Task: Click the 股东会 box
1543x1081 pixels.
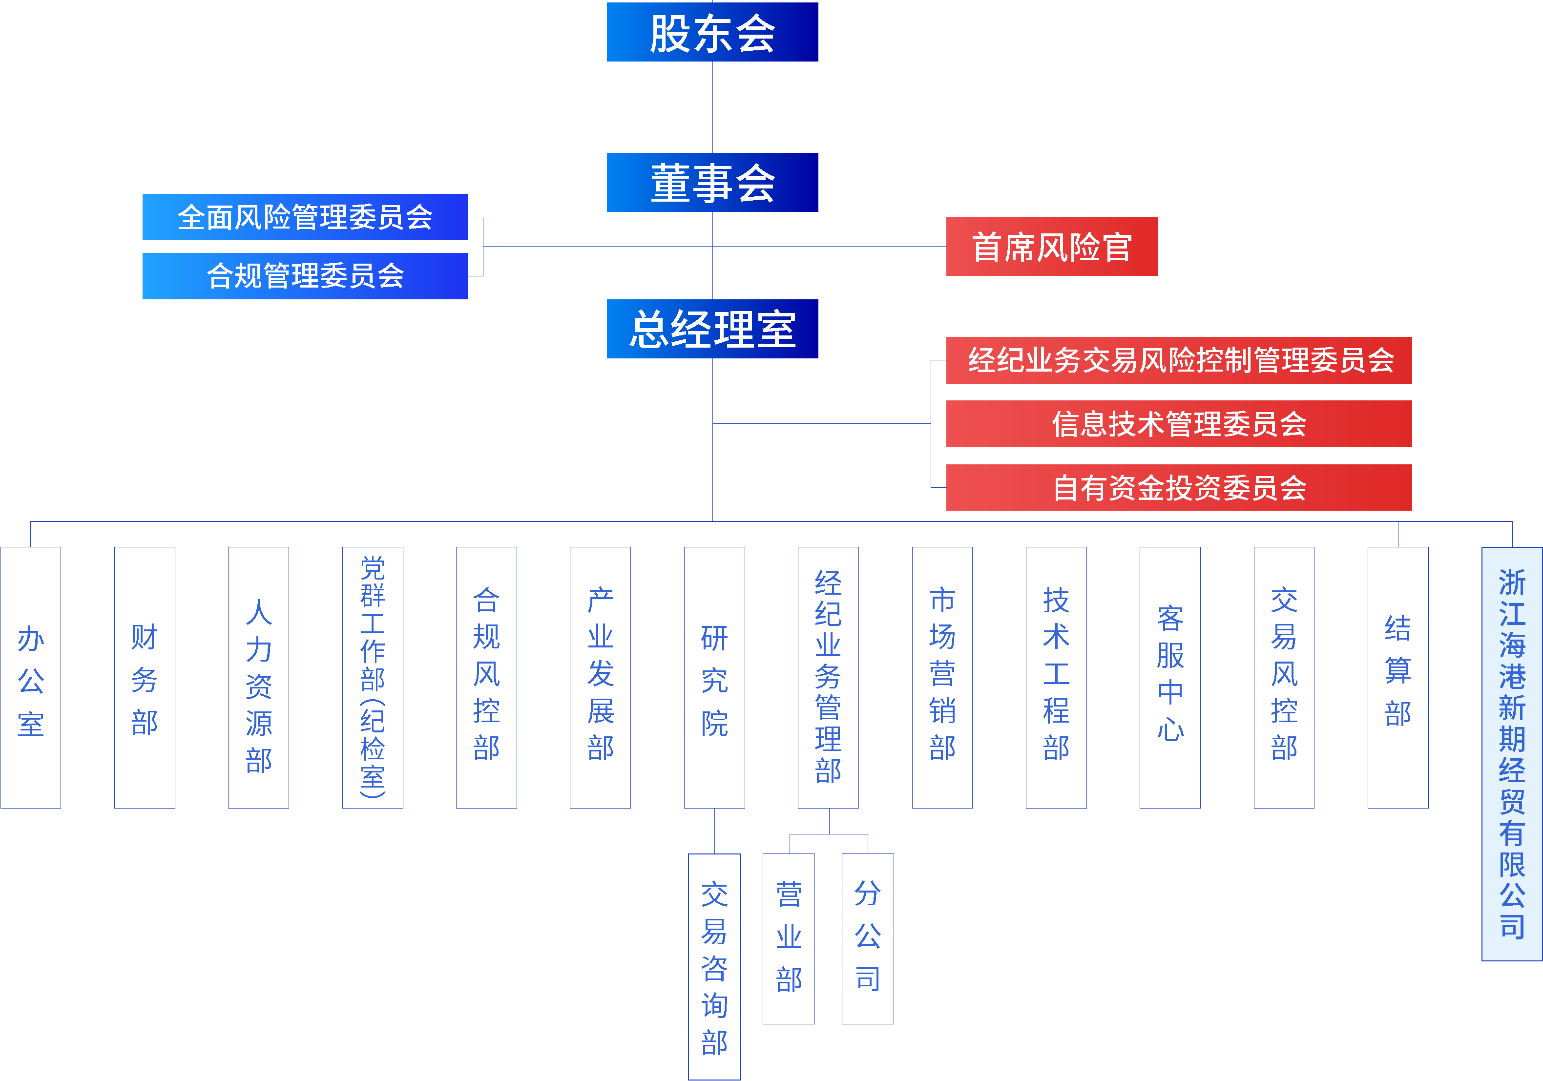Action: [712, 32]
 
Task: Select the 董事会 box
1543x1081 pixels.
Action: [712, 183]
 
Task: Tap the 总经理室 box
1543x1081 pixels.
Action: [712, 329]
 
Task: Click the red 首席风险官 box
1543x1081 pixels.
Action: [1051, 247]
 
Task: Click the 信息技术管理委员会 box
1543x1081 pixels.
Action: [1178, 424]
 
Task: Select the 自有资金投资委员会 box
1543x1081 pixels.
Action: [1178, 488]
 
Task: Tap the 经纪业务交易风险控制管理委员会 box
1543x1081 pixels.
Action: [1178, 360]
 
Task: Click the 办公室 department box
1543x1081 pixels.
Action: [31, 677]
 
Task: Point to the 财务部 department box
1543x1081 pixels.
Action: [145, 677]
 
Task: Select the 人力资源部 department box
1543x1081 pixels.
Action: [259, 677]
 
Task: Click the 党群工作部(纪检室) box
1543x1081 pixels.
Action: [372, 677]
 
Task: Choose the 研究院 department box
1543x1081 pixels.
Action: [714, 677]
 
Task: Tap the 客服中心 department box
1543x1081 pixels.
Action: [1170, 677]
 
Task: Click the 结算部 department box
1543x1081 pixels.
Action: [1398, 677]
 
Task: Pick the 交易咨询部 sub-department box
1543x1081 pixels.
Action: [714, 966]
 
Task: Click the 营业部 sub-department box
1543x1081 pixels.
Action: [789, 938]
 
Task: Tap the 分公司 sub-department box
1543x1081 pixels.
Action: [868, 938]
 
